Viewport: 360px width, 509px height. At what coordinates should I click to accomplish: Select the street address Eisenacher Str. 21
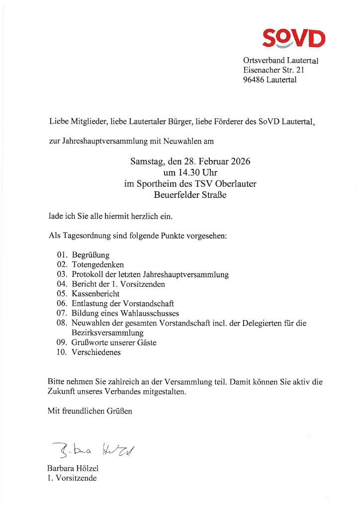coord(273,70)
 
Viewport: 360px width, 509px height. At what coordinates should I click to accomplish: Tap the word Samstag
coord(146,162)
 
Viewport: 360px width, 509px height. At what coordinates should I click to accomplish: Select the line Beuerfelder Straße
coord(190,195)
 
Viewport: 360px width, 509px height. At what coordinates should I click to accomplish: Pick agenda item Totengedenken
coord(97,265)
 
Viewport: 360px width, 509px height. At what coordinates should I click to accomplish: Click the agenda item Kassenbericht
coord(95,294)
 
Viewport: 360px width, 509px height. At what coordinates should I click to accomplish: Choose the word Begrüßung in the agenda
coord(90,255)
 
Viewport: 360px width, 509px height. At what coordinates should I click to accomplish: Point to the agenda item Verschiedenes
coord(96,352)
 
